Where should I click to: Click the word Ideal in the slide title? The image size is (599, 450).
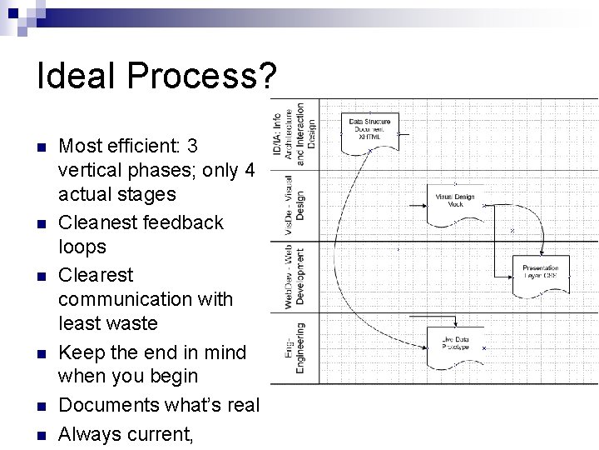click(75, 77)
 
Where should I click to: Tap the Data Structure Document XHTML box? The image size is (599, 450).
click(369, 132)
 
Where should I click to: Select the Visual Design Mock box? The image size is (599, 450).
click(455, 201)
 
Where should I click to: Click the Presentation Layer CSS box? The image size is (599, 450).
click(541, 273)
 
